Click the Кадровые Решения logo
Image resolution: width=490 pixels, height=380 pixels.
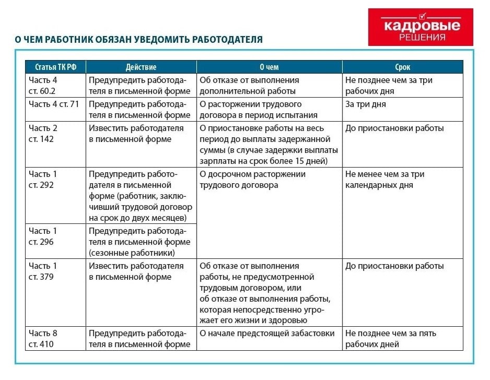click(x=421, y=27)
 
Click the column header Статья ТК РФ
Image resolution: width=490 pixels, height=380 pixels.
click(x=55, y=67)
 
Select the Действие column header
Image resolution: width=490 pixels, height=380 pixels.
click(x=141, y=67)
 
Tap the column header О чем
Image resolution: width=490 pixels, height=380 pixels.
click(x=269, y=67)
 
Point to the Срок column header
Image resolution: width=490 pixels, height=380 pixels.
click(x=402, y=67)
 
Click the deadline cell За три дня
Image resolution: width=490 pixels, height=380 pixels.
click(x=402, y=104)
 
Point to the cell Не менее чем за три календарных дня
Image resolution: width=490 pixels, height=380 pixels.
click(x=402, y=180)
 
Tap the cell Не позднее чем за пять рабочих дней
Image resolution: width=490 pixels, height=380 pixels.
click(x=402, y=338)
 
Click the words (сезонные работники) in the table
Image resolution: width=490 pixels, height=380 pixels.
click(x=132, y=253)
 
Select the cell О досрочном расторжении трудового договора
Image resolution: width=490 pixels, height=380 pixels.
click(x=269, y=180)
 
